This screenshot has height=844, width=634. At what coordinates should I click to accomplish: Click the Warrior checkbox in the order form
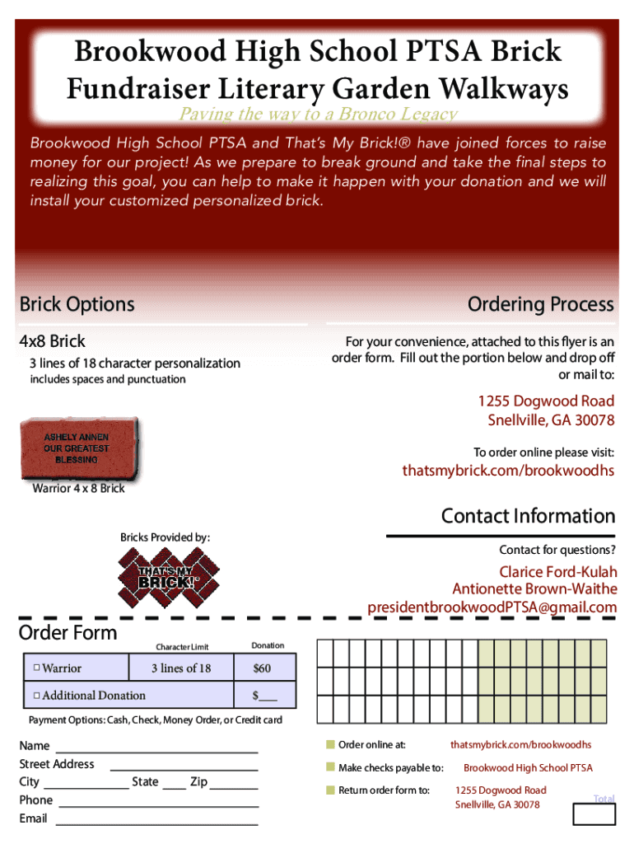pos(37,668)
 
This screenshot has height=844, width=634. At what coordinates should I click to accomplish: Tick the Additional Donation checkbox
pos(37,696)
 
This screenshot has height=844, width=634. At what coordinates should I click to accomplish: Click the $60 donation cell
pos(262,668)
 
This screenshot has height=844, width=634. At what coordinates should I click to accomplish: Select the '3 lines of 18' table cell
pos(181,668)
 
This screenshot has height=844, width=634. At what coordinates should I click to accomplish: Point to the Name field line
pos(156,751)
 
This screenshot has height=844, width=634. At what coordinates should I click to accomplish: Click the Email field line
pos(156,823)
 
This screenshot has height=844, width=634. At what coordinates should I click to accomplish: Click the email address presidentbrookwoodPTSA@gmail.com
pos(492,607)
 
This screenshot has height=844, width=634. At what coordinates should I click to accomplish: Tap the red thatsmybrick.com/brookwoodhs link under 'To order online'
pos(508,471)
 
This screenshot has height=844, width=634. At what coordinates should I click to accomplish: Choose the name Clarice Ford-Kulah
pos(557,572)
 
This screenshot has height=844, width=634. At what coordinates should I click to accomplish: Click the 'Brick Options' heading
pos(77,304)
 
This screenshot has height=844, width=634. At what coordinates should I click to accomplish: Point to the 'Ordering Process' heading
pos(540,304)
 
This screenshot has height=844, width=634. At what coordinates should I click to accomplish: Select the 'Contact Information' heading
pos(528,516)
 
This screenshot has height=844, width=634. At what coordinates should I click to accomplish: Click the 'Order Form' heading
pos(68,633)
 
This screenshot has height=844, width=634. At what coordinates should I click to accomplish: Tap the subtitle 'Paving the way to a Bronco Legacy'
pos(318,115)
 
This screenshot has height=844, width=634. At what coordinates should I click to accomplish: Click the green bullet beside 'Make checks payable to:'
pos(329,768)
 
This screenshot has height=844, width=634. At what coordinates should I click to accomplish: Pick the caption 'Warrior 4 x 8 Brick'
pos(78,489)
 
